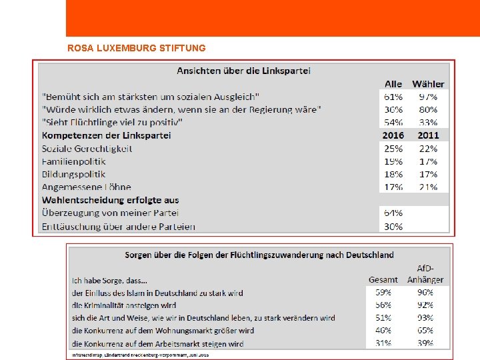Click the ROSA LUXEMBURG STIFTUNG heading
click(137, 48)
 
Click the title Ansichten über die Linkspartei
click(243, 70)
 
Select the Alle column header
click(393, 84)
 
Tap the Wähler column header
click(428, 84)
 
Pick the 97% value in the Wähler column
click(428, 97)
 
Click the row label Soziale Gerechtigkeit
click(87, 149)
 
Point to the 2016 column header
click(393, 135)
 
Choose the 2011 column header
click(428, 135)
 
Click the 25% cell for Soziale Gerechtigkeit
click(393, 149)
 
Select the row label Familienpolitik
click(73, 161)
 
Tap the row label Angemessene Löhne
click(86, 187)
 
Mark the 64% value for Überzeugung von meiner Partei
click(393, 213)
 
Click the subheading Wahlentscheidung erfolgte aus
click(110, 200)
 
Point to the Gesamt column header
click(383, 280)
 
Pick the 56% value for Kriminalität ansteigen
click(383, 305)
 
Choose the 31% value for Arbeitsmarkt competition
click(383, 344)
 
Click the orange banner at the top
click(273, 18)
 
